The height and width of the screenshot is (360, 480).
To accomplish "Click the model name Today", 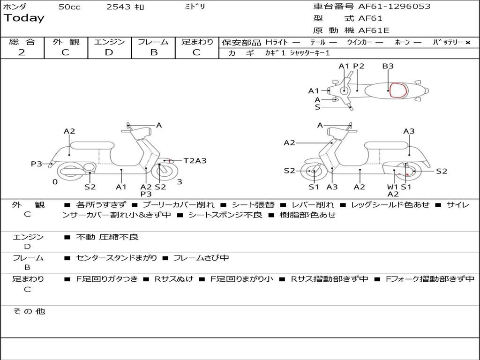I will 24,18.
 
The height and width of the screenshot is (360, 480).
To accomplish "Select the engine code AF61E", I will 374,30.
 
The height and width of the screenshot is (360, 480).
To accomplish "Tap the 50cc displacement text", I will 69,7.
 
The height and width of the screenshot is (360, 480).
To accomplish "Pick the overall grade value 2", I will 22,52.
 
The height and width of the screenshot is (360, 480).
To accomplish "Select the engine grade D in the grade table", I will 109,52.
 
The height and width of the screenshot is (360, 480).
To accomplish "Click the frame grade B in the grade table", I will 153,52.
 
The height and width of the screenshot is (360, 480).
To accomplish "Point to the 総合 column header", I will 22,42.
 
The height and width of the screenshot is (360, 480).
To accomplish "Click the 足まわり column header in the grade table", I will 197,42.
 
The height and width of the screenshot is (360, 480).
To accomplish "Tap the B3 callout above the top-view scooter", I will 388,66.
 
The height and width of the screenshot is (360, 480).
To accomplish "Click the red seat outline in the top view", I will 398,90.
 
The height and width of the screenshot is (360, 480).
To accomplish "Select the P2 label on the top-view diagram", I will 359,66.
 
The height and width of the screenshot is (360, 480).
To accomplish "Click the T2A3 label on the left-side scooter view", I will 195,161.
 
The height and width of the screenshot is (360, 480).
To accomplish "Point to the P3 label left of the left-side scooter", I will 37,164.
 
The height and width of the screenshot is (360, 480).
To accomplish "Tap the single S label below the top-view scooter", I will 317,107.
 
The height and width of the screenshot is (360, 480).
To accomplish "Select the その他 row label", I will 29,311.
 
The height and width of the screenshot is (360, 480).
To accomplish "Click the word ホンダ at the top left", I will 15,7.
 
